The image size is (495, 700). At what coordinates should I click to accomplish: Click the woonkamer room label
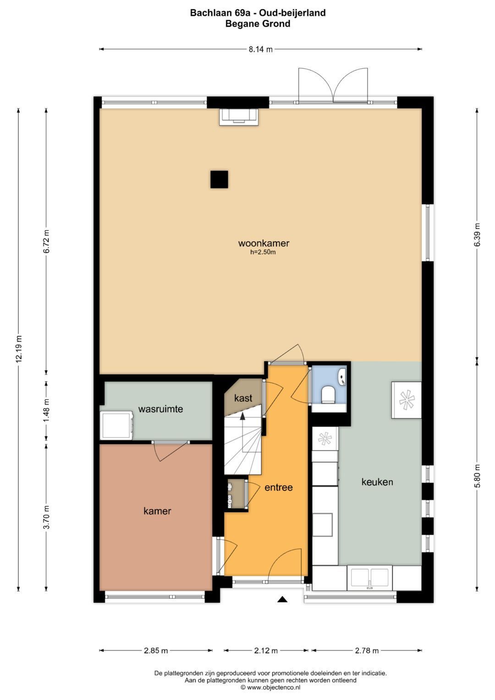tap(264, 243)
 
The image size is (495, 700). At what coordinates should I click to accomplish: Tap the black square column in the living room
tap(219, 179)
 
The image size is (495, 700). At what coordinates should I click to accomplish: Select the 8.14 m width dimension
tap(261, 50)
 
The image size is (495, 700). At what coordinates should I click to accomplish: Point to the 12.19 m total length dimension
tap(19, 349)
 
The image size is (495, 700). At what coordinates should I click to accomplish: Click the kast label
tap(243, 398)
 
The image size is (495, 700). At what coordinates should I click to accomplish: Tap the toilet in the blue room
tap(328, 394)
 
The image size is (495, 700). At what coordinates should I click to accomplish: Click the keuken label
tap(377, 482)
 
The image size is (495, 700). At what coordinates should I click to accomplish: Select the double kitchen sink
tap(370, 578)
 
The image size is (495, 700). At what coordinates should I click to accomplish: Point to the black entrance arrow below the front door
tap(282, 599)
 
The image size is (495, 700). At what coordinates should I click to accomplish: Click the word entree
tap(279, 487)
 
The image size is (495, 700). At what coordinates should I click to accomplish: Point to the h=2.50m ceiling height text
tap(263, 252)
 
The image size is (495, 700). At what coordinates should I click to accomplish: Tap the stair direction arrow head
tap(242, 416)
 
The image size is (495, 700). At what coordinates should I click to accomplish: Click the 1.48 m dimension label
tap(46, 410)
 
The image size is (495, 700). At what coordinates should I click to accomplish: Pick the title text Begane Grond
tap(258, 24)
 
